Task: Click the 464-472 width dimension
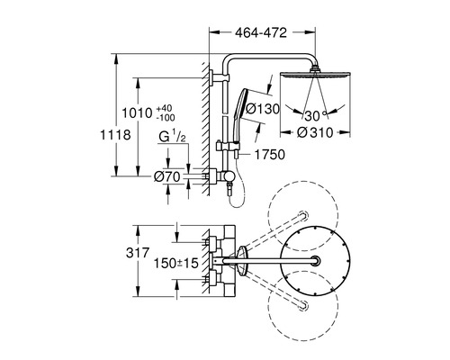261,32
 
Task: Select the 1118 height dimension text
115,135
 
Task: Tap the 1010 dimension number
137,113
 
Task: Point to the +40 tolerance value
165,108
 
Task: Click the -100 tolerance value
166,118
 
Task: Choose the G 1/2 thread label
172,137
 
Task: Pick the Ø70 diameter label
167,176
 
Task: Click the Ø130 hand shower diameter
262,109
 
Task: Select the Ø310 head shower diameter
315,132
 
